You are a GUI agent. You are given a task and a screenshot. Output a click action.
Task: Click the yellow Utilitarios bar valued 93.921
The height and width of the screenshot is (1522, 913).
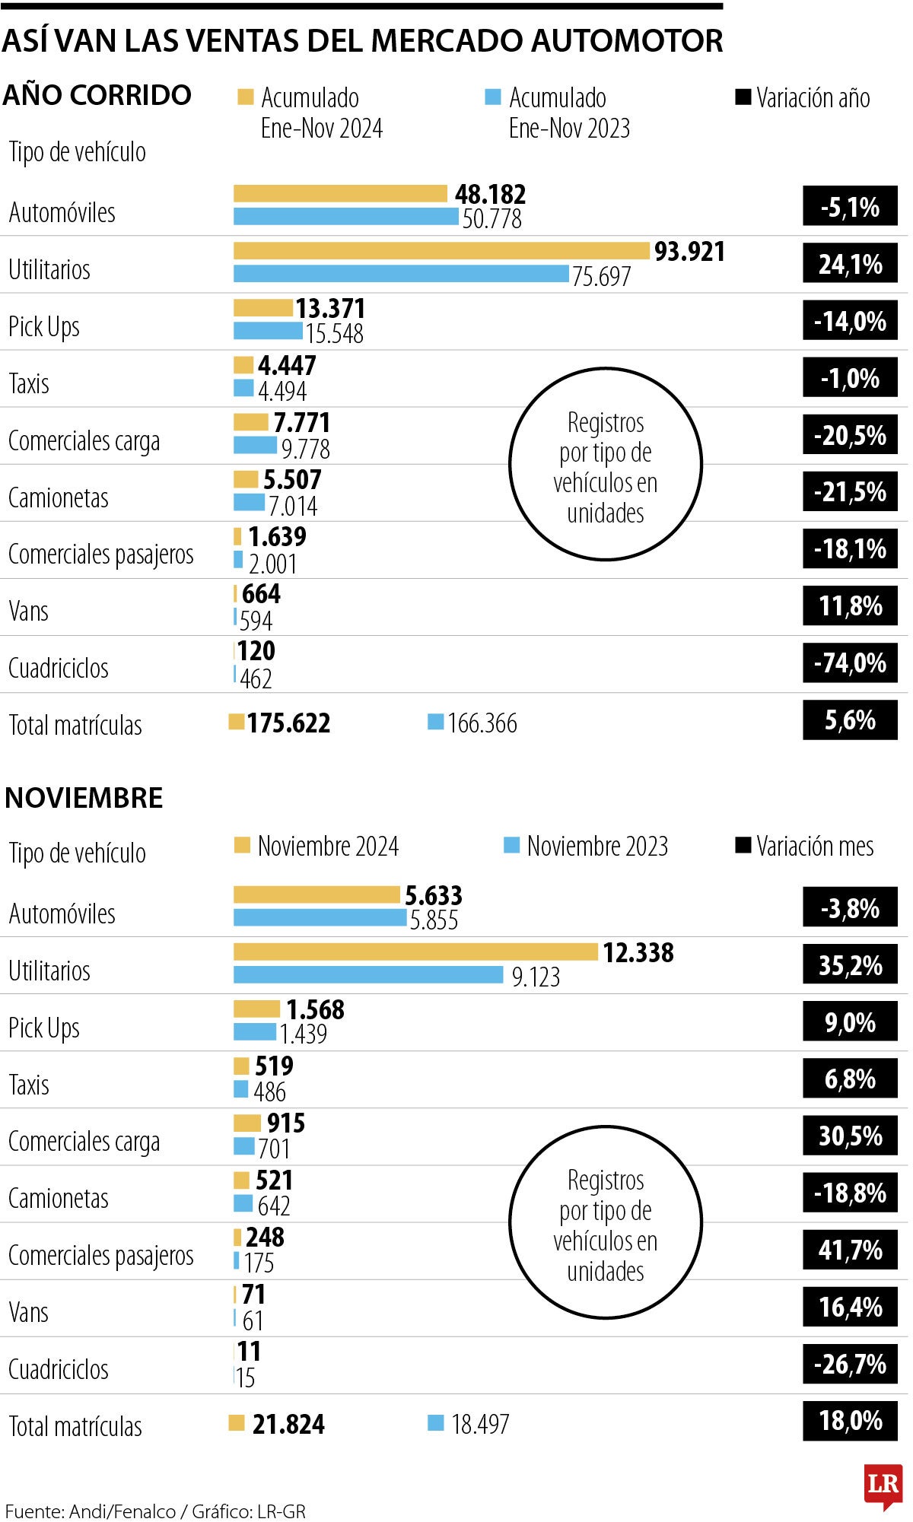pyautogui.click(x=441, y=251)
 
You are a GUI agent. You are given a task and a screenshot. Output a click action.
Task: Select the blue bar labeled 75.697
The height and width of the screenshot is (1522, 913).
pyautogui.click(x=401, y=274)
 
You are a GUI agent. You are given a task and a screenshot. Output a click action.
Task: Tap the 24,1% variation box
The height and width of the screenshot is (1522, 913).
pyautogui.click(x=850, y=265)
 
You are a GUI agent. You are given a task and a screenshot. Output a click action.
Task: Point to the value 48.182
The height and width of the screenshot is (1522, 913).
pyautogui.click(x=490, y=195)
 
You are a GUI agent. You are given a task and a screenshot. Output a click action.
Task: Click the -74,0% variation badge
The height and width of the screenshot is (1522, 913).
pyautogui.click(x=850, y=663)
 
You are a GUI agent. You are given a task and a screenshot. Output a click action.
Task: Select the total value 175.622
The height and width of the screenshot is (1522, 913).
pyautogui.click(x=288, y=723)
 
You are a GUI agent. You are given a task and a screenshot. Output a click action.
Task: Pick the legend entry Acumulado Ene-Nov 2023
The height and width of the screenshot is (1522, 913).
pyautogui.click(x=558, y=113)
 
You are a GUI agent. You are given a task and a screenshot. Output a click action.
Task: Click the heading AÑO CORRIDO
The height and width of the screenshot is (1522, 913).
pyautogui.click(x=97, y=95)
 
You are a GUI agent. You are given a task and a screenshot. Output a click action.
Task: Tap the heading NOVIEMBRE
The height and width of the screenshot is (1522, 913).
pyautogui.click(x=84, y=798)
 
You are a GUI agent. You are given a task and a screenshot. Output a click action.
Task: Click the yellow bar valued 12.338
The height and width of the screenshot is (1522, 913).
pyautogui.click(x=415, y=952)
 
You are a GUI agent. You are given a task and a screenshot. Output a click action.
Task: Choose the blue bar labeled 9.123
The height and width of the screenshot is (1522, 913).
pyautogui.click(x=368, y=975)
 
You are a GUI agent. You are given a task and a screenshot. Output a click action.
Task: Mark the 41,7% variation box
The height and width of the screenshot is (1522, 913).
pyautogui.click(x=850, y=1250)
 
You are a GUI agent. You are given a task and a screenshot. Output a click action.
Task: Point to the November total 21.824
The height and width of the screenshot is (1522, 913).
pyautogui.click(x=288, y=1425)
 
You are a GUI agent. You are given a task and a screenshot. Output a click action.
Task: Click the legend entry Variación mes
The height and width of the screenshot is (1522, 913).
pyautogui.click(x=805, y=847)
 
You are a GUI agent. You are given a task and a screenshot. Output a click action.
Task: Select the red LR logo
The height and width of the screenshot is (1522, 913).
pyautogui.click(x=883, y=1485)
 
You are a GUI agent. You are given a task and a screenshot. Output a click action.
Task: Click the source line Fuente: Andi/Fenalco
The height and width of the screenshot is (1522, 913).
pyautogui.click(x=155, y=1511)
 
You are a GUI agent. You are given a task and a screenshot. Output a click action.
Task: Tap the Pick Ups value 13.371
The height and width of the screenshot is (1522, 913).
pyautogui.click(x=330, y=309)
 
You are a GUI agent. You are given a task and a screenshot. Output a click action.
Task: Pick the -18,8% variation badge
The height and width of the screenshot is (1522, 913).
pyautogui.click(x=850, y=1193)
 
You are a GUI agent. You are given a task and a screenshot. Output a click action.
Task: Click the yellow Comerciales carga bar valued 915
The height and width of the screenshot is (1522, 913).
pyautogui.click(x=247, y=1123)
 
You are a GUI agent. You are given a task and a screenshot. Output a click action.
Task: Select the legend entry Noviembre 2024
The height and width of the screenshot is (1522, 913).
pyautogui.click(x=317, y=847)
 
